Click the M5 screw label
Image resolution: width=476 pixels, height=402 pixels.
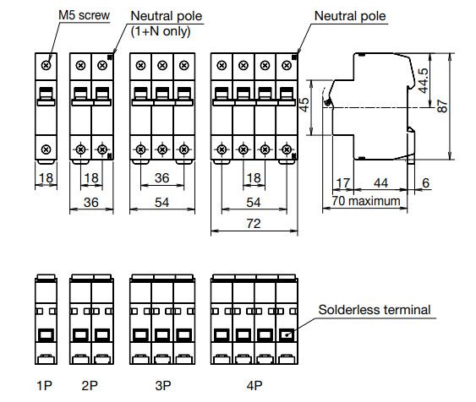pos(84,15)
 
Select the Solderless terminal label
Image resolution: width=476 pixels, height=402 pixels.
pos(375,310)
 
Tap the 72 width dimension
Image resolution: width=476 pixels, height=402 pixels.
pos(254,224)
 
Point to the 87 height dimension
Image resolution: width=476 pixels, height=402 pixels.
pos(442,106)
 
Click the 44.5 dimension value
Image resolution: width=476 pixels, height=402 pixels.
pos(424,80)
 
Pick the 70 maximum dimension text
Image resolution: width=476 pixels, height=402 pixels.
pos(366,201)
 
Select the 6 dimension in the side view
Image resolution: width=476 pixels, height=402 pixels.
pos(426,182)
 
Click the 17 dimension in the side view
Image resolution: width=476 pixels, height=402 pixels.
pos(343,183)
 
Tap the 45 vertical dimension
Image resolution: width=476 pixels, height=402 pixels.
pos(304,104)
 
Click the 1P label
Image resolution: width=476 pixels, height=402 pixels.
pos(44,385)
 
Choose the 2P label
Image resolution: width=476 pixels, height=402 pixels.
pos(90,385)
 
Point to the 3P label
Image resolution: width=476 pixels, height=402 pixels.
pos(163,385)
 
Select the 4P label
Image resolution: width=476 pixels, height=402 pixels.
pos(254,385)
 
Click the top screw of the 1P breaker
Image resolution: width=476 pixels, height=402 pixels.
pos(47,65)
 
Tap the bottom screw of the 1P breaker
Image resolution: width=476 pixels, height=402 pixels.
pos(47,149)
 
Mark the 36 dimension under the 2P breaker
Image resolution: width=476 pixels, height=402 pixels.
pos(91,202)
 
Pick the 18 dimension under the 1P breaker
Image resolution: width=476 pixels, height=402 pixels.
pos(47,177)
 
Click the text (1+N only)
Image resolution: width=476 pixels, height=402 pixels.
pos(161,31)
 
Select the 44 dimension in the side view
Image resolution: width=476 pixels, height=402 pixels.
pos(380,183)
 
